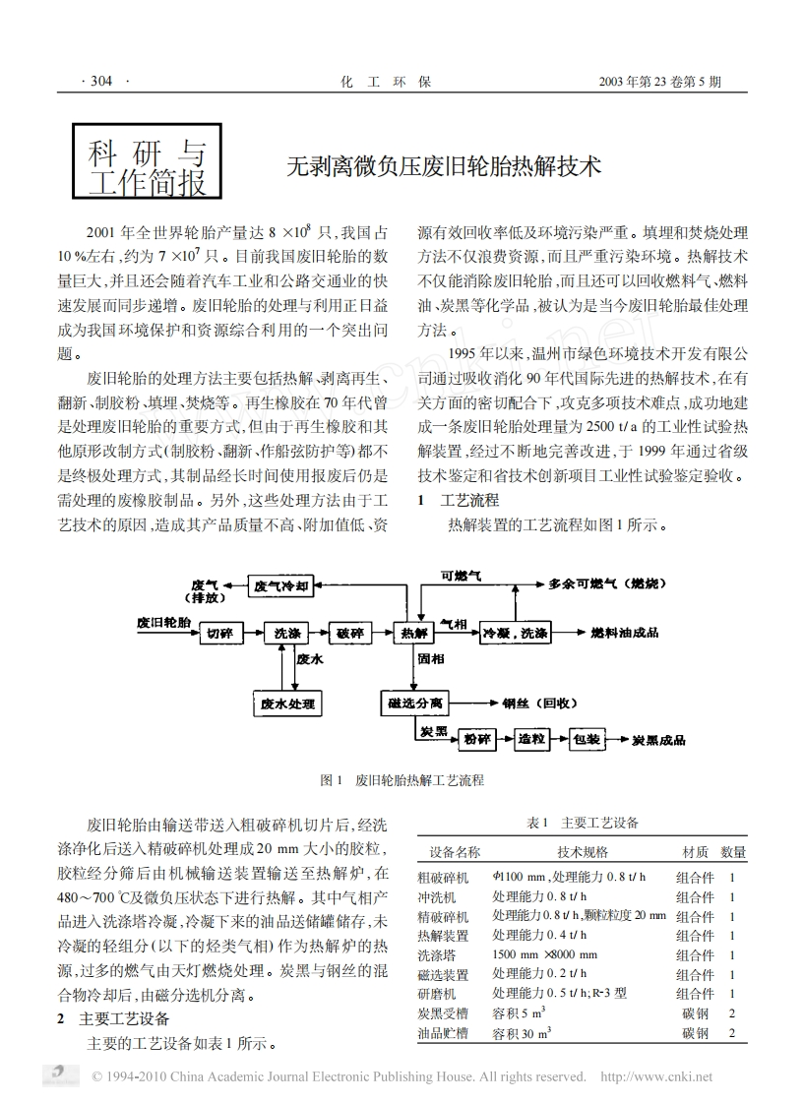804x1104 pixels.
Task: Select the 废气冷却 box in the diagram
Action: (282, 587)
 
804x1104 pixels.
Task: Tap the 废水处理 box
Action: (289, 703)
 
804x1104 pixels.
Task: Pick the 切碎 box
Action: (219, 632)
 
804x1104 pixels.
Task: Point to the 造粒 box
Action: (532, 739)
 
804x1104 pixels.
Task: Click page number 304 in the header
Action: (102, 82)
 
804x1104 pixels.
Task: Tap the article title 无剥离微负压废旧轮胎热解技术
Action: (443, 167)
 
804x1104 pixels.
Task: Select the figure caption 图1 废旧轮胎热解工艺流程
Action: (402, 779)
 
